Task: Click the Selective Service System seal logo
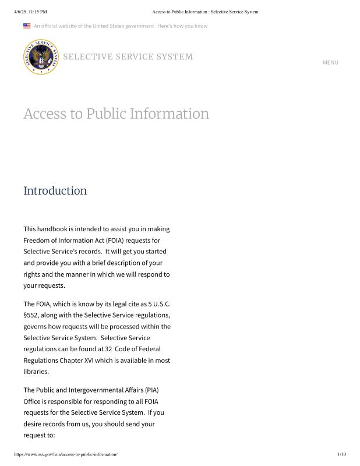pos(41,57)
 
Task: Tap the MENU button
pos(330,62)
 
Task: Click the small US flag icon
pos(27,26)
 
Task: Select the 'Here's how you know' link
pos(182,26)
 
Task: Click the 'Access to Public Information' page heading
pos(116,114)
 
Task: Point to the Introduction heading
pos(55,190)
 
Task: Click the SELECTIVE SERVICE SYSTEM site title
pos(128,57)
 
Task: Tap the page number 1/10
pos(341,454)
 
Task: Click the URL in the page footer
pos(65,454)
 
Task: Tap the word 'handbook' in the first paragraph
pos(54,229)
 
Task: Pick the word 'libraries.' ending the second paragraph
pos(36,371)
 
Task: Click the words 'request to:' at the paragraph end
pos(38,435)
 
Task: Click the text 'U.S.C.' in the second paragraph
pos(159,304)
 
